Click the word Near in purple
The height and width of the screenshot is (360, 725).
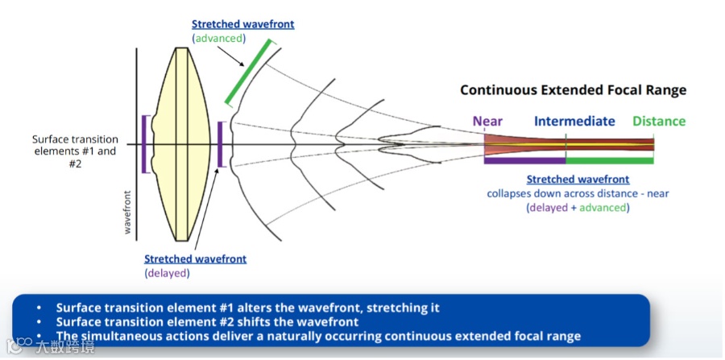(x=487, y=122)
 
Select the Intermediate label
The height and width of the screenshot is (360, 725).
(x=574, y=122)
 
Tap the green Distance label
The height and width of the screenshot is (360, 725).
(x=659, y=122)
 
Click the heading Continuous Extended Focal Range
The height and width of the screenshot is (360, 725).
(x=573, y=90)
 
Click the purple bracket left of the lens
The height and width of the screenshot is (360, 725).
(x=144, y=144)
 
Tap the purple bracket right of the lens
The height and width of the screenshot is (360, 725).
(x=219, y=145)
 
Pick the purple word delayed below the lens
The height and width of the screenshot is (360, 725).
(x=167, y=273)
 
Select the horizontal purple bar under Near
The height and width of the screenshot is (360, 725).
(x=524, y=161)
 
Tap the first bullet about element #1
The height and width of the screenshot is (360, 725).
(x=247, y=308)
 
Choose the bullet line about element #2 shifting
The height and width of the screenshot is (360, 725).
(x=207, y=321)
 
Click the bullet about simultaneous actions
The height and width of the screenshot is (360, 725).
(x=318, y=336)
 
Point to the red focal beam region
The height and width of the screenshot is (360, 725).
(x=516, y=145)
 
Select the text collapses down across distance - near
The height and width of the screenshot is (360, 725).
(x=578, y=193)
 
